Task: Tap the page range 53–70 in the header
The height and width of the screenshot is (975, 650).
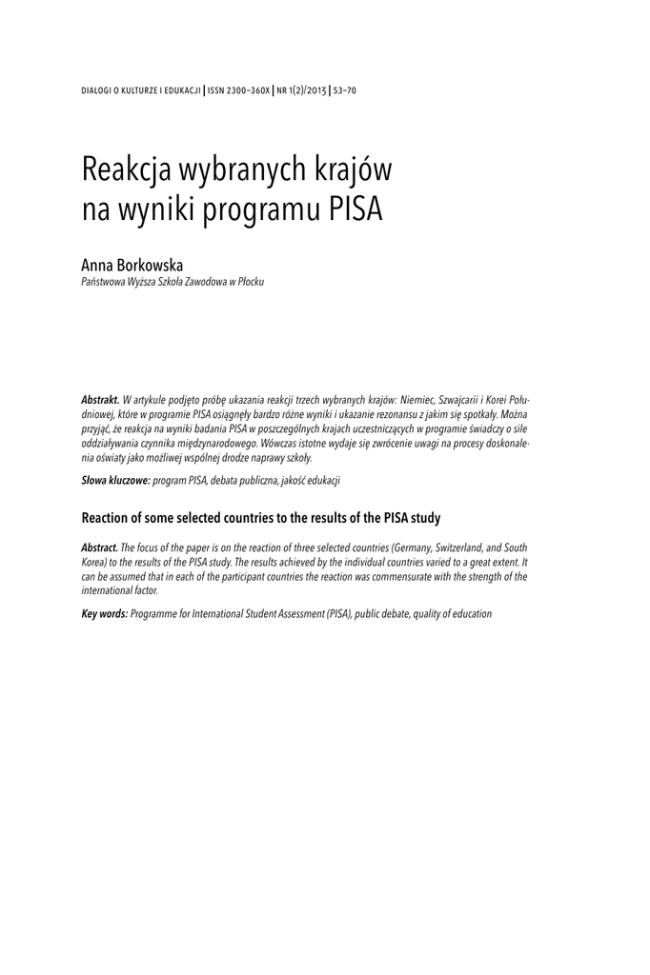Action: tap(344, 90)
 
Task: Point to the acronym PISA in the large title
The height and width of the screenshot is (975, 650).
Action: tap(355, 209)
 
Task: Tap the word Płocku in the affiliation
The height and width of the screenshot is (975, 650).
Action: tap(251, 283)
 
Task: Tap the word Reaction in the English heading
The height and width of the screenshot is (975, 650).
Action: tap(109, 518)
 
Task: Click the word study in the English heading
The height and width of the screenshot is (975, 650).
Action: tap(425, 518)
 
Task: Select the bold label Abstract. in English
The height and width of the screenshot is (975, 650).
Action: tap(100, 549)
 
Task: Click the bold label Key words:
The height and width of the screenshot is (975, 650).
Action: tap(104, 614)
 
